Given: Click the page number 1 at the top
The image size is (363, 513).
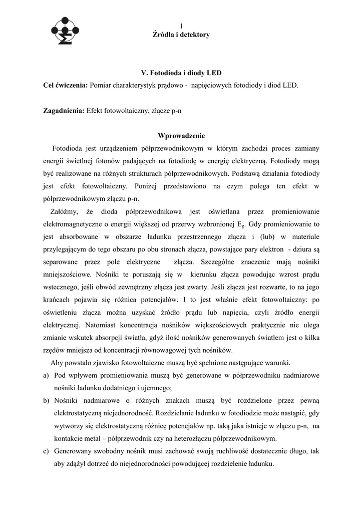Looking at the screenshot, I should tap(181, 26).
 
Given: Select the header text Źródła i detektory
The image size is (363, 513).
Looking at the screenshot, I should tap(181, 35).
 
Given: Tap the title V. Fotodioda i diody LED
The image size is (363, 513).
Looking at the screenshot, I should tap(181, 73).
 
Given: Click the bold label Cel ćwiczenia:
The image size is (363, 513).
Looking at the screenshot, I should tap(66, 85).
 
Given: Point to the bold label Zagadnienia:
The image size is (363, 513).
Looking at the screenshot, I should tap(64, 111).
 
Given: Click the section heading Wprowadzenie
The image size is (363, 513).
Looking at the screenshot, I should tap(181, 136).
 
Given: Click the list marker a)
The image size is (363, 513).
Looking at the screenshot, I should tap(47, 375).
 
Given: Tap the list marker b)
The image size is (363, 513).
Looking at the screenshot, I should tap(47, 401).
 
